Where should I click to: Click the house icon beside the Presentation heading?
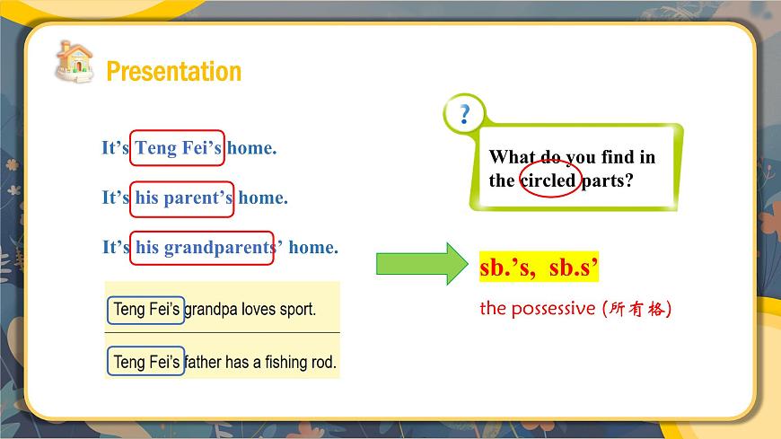click(x=74, y=61)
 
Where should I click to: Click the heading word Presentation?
click(x=173, y=72)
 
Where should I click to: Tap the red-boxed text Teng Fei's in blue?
click(x=178, y=148)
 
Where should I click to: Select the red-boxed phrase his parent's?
click(x=184, y=198)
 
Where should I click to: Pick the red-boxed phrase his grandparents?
click(x=203, y=247)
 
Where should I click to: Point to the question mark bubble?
click(x=464, y=114)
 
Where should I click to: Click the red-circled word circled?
click(x=548, y=180)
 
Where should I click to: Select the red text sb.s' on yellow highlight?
click(x=573, y=268)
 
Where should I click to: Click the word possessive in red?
click(x=552, y=309)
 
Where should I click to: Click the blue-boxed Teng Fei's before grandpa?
click(x=146, y=311)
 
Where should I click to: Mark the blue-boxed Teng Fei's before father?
click(x=146, y=362)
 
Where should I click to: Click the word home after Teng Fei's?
click(x=251, y=148)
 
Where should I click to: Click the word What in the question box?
click(x=512, y=157)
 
